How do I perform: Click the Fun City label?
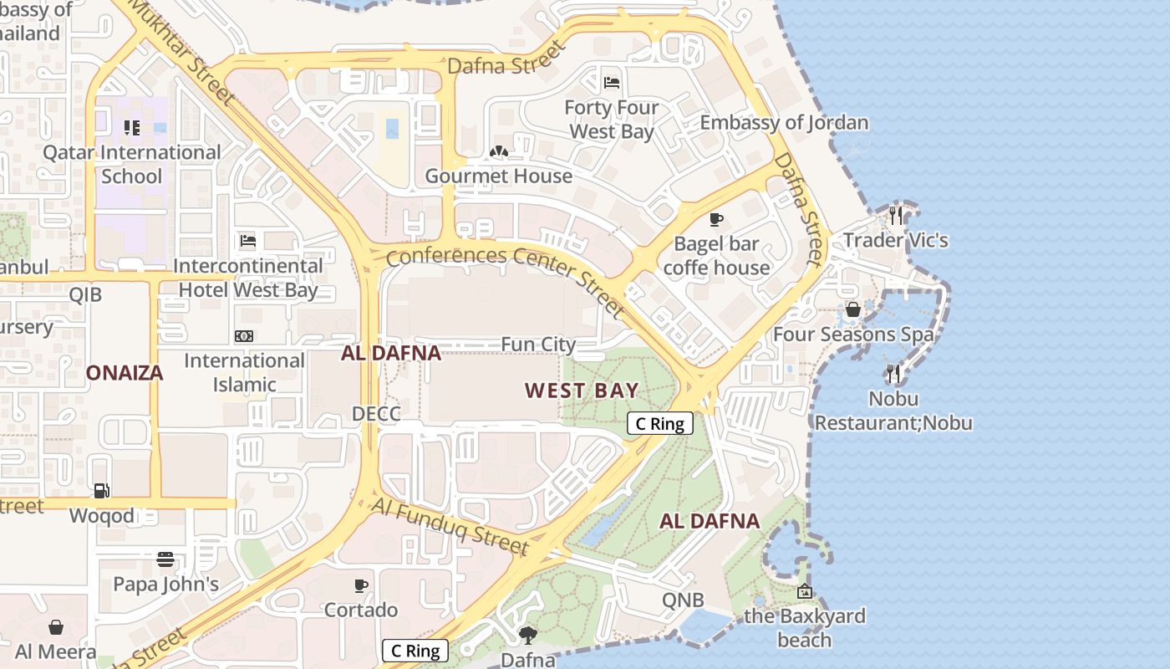(x=538, y=345)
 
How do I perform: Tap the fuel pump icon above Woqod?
(x=101, y=491)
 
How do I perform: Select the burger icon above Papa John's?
(x=165, y=559)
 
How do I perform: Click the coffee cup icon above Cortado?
(x=361, y=585)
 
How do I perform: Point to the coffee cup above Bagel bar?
(x=715, y=219)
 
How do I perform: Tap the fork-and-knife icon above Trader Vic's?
(x=896, y=216)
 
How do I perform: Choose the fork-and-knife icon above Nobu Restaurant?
(x=893, y=373)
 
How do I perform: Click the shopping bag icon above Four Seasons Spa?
(x=852, y=309)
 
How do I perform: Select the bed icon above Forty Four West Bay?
(x=613, y=82)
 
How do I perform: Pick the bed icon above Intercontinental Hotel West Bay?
(x=248, y=241)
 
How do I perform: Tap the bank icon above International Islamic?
(x=244, y=336)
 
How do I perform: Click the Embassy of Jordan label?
(x=784, y=123)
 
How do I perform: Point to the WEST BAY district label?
(x=582, y=390)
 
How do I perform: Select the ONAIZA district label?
(x=125, y=373)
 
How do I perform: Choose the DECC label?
(x=376, y=413)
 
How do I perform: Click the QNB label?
(x=683, y=600)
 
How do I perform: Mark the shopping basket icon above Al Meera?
(x=56, y=627)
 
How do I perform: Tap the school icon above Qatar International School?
(x=131, y=128)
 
